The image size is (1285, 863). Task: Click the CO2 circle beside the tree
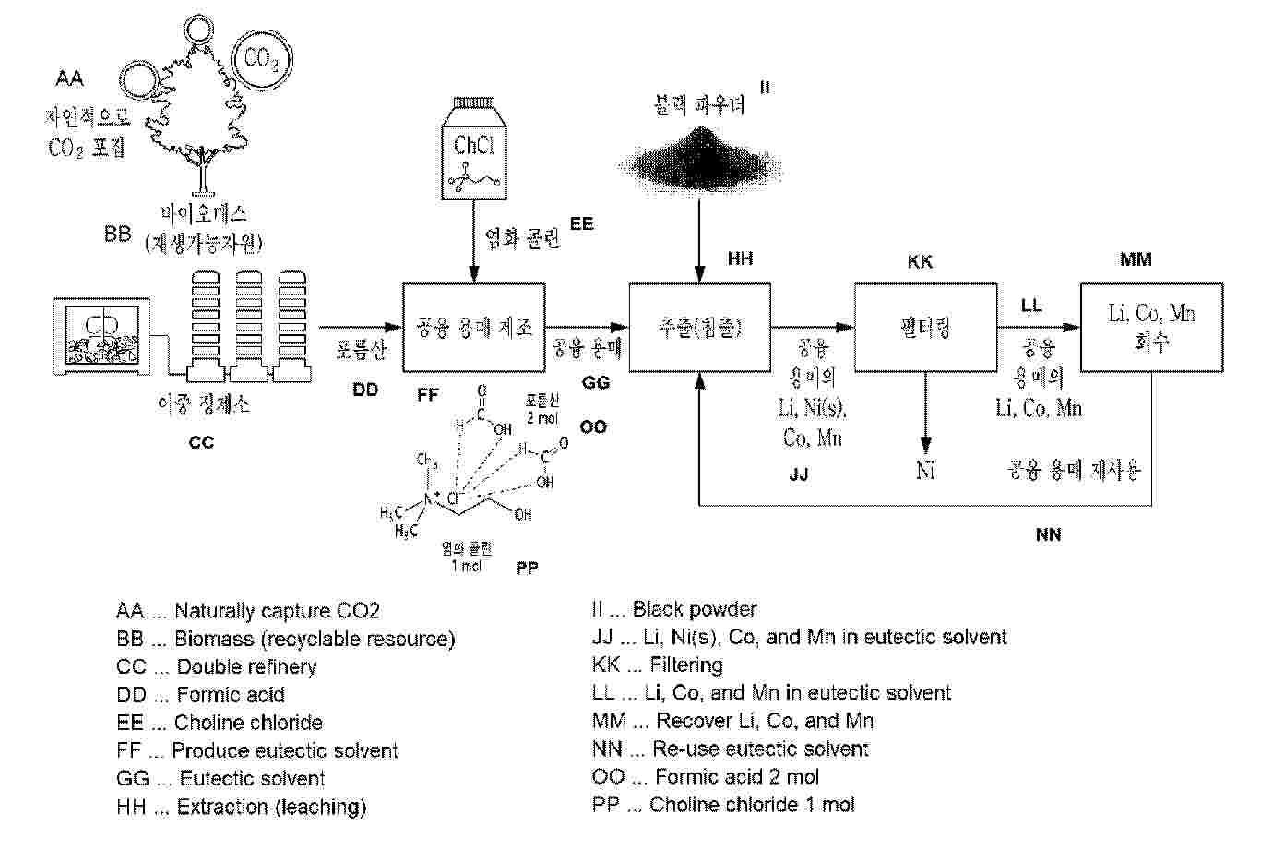pos(261,60)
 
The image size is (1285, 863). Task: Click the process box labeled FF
pos(474,327)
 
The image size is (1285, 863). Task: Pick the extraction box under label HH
pos(700,327)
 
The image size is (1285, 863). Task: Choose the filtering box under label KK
pos(925,327)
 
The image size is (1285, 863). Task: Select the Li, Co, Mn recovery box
pos(1151,327)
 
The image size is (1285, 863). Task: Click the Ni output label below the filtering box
pos(925,471)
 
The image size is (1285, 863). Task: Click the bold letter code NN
pos(1048,534)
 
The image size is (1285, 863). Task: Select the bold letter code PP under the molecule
pos(528,569)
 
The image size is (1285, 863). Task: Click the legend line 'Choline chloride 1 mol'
pos(724,805)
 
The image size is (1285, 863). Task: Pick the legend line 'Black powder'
pos(674,609)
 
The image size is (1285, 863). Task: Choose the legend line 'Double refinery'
pos(217,666)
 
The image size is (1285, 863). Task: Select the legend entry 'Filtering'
pos(658,665)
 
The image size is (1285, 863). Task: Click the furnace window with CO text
pos(101,337)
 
